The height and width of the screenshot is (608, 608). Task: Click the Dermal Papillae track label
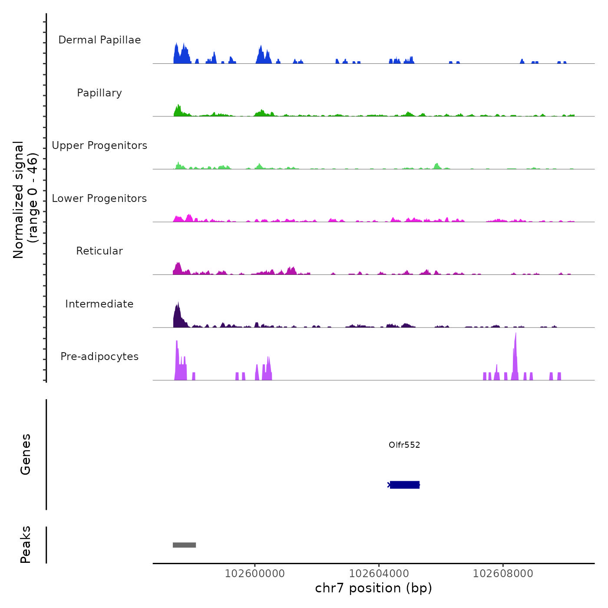(99, 40)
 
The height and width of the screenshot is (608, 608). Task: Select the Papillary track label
(99, 93)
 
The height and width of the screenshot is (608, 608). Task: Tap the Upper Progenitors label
(99, 145)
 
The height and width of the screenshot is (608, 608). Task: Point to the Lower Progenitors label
(99, 198)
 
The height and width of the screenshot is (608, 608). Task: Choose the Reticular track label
(99, 251)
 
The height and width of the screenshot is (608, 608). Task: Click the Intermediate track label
(99, 304)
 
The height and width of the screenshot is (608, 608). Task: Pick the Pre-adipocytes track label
(99, 357)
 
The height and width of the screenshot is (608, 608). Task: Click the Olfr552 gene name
(404, 445)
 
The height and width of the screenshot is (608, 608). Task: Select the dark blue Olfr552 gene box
(405, 485)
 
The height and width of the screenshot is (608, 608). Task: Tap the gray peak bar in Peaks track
(184, 545)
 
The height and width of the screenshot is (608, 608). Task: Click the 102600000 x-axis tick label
(255, 574)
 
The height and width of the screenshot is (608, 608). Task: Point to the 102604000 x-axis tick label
(379, 574)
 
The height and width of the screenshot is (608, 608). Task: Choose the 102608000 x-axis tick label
(503, 574)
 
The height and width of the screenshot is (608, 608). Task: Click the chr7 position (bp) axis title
(373, 588)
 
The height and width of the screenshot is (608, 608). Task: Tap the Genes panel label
(26, 454)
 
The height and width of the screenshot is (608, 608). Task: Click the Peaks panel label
(26, 545)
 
